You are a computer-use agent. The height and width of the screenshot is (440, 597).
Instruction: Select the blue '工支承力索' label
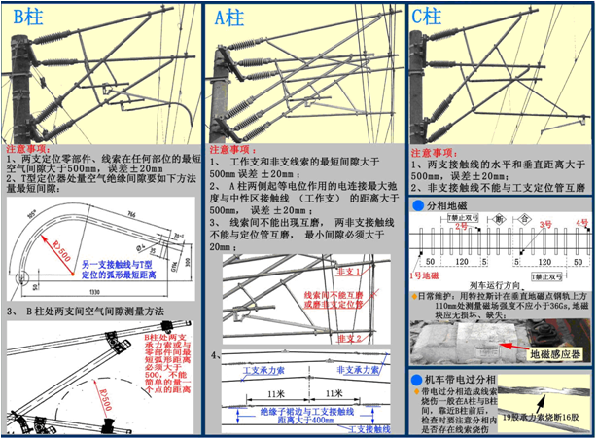(x=251, y=369)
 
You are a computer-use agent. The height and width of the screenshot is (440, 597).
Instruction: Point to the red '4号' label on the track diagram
(x=580, y=223)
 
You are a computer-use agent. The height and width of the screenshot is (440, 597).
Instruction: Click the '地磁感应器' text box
(x=556, y=355)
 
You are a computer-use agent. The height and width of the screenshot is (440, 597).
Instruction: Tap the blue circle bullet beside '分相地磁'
(x=416, y=206)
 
